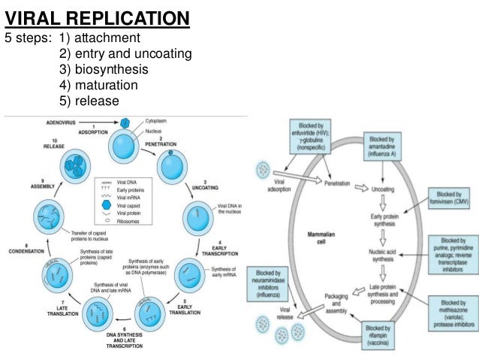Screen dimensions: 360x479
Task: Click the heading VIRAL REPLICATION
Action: pos(97,17)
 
